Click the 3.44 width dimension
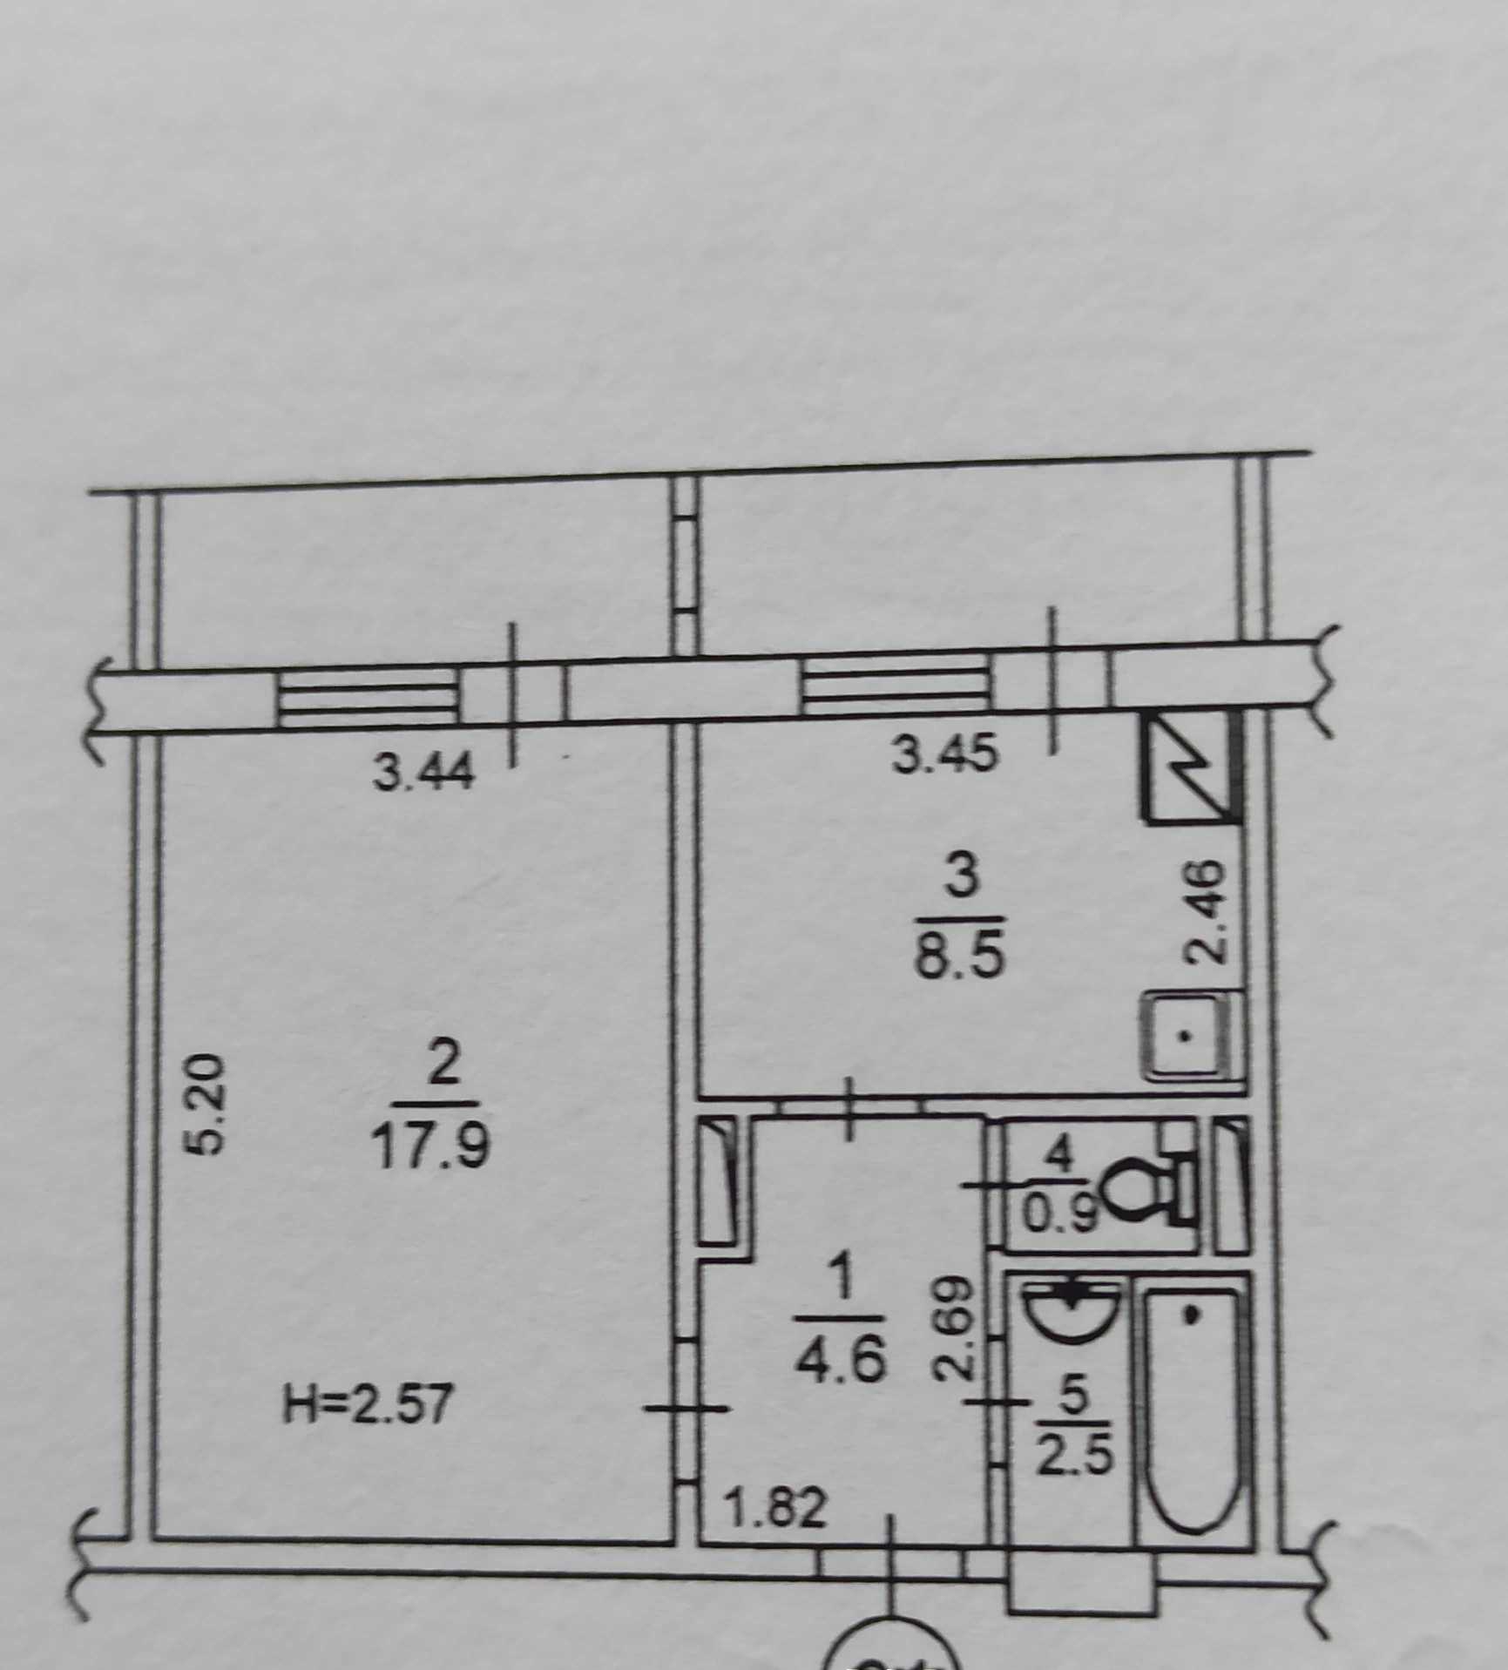[423, 772]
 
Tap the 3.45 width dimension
[944, 754]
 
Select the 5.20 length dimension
[209, 1105]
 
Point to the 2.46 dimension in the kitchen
[1206, 912]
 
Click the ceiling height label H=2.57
[368, 1405]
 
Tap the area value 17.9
[430, 1146]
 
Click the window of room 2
[368, 696]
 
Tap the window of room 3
[896, 682]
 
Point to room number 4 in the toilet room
[1058, 1157]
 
